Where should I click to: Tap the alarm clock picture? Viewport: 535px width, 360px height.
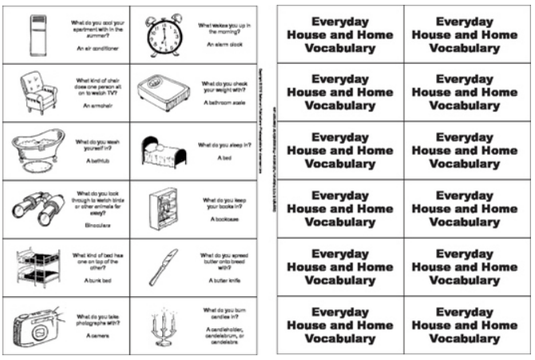coord(164,34)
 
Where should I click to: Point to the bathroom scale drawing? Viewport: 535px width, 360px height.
coord(162,89)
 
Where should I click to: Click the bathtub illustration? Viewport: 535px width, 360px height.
coord(36,151)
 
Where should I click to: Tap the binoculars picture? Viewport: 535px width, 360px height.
coord(35,208)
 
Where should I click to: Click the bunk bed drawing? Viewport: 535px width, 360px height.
coord(35,266)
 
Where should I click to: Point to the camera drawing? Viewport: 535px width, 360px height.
coord(36,323)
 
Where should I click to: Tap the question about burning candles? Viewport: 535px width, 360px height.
coord(224,313)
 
